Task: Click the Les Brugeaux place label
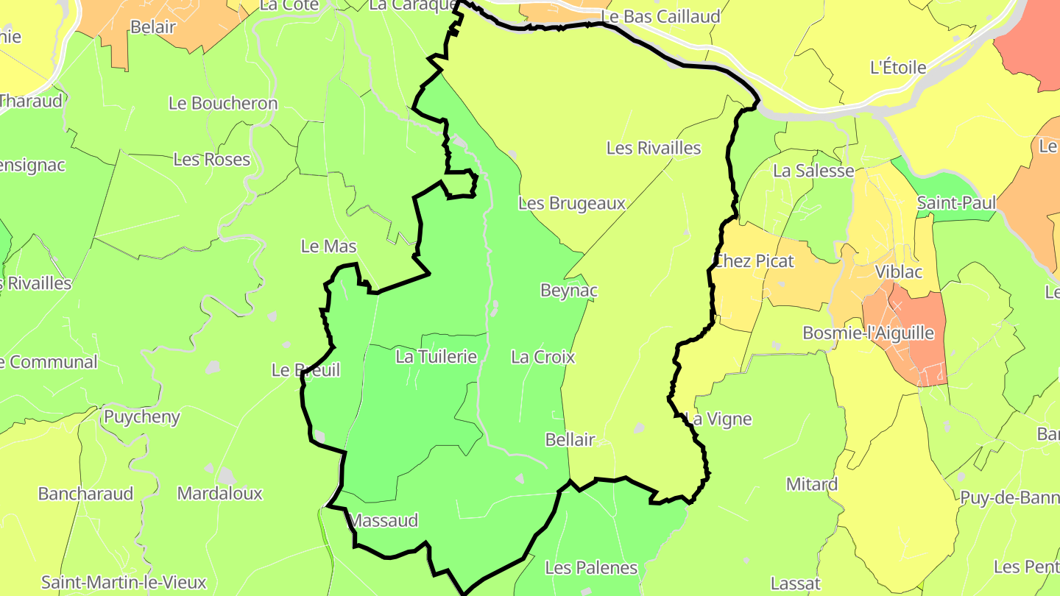click(572, 204)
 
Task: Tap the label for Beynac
click(568, 291)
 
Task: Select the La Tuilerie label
click(437, 357)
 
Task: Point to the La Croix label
click(543, 357)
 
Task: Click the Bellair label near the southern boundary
click(570, 440)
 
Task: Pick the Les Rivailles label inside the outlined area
click(654, 148)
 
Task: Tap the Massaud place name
click(384, 521)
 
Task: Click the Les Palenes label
click(591, 568)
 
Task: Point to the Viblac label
click(898, 272)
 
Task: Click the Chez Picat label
click(755, 261)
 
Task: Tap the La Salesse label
click(813, 171)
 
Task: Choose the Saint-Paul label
click(956, 203)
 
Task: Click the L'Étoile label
click(898, 68)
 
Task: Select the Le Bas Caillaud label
click(660, 17)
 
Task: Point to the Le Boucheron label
click(223, 104)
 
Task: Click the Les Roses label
click(211, 160)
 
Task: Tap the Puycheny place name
click(142, 417)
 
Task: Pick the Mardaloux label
click(219, 494)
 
